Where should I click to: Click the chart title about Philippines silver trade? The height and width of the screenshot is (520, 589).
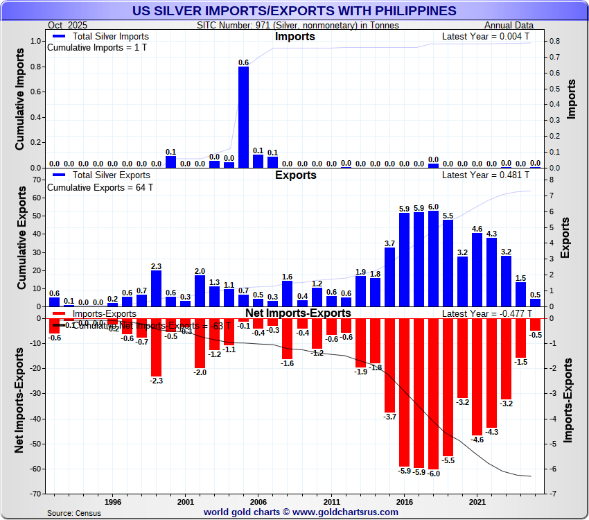(294, 10)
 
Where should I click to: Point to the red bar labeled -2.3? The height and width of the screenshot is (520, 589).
(156, 347)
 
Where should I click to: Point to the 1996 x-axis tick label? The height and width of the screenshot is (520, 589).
(113, 501)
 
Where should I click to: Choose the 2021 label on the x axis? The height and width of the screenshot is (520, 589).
(477, 501)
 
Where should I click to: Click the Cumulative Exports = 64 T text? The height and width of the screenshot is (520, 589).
(100, 187)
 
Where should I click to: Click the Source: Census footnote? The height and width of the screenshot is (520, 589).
(74, 513)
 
